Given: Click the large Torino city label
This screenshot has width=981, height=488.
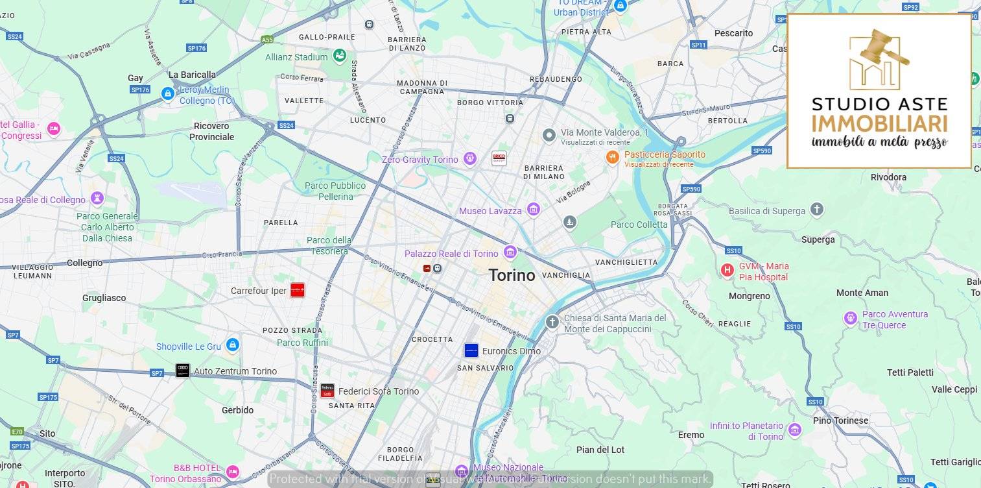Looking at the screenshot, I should click(512, 275).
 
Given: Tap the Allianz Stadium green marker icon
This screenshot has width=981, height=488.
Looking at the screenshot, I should click(339, 56).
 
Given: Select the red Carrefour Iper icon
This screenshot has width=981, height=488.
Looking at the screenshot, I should click(297, 290).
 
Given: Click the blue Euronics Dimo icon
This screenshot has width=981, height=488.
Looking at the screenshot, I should click(471, 350).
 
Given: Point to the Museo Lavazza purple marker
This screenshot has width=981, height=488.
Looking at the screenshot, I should click(533, 209).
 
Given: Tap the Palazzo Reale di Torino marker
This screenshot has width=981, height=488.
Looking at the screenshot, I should click(510, 252).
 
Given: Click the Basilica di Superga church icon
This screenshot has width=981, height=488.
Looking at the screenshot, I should click(816, 210).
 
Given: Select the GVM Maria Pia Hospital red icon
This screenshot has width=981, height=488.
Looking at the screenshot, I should click(727, 270).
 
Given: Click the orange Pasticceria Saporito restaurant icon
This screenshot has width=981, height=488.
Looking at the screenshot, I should click(612, 157).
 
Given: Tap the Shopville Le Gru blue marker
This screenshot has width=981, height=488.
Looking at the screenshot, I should click(233, 345).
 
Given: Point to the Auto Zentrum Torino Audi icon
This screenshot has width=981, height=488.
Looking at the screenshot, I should click(183, 371).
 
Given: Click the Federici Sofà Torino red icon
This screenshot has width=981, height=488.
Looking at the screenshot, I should click(327, 391).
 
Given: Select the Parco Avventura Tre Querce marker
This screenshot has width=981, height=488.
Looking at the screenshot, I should click(850, 318).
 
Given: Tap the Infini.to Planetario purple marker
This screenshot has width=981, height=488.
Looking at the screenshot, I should click(794, 430).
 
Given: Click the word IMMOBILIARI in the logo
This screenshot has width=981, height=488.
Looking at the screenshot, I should click(879, 123).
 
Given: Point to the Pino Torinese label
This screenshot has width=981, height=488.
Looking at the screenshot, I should click(840, 421).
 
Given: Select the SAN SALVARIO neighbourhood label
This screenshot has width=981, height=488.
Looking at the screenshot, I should click(485, 368).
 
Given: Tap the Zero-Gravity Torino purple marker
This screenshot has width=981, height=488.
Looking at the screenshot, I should click(470, 158).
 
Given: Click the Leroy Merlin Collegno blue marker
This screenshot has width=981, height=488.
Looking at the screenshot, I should click(168, 94).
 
